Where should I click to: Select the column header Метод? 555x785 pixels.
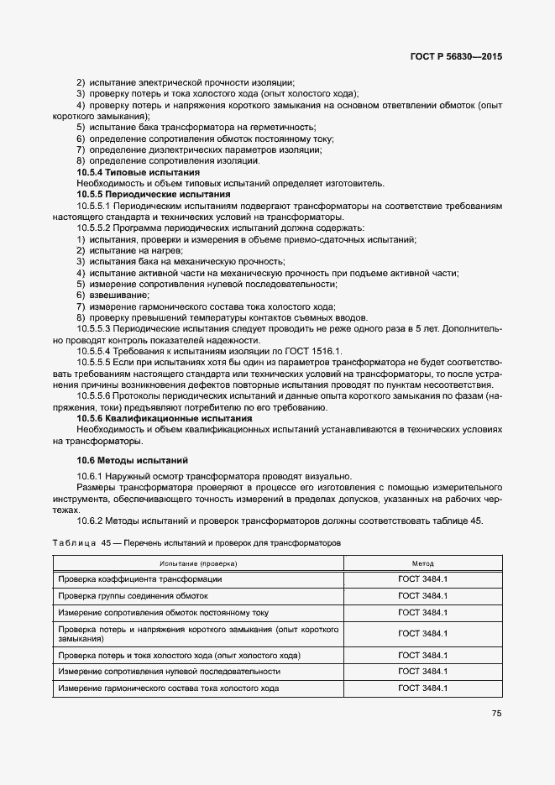pos(422,563)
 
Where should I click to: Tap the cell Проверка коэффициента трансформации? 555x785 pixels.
pos(140,579)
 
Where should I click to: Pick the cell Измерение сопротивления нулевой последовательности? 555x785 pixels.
pos(170,672)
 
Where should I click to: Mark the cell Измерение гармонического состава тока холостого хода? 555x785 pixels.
pos(169,688)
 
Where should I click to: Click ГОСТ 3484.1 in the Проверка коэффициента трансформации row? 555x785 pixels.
pos(422,579)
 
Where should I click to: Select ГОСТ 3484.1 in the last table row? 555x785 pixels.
pos(422,688)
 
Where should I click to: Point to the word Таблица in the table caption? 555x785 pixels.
pos(75,543)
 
